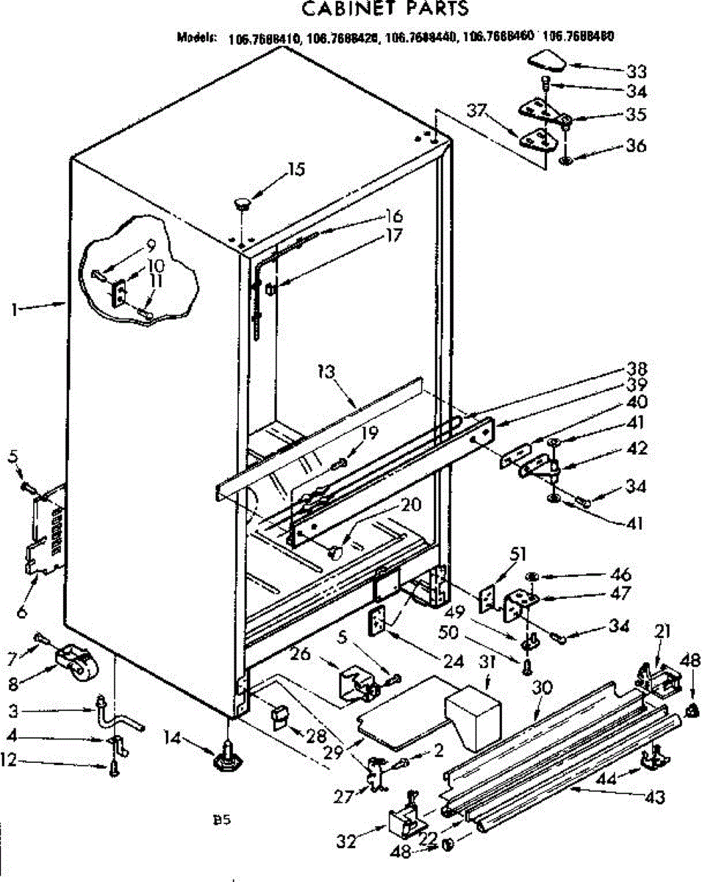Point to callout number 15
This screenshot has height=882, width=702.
(296, 170)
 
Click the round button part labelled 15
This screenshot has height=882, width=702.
(243, 203)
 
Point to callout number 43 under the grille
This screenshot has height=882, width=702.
(653, 796)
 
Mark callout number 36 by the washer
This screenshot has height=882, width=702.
(637, 146)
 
